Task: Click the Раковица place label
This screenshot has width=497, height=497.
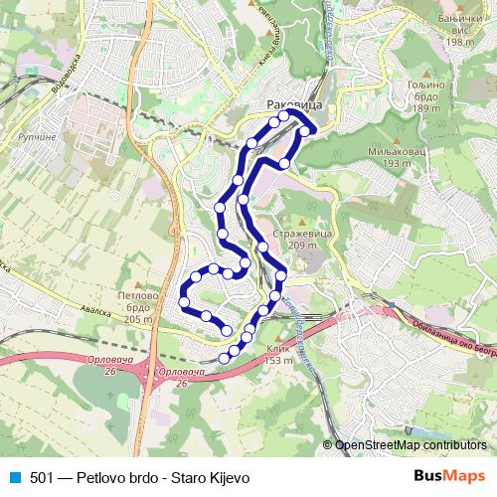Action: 290,104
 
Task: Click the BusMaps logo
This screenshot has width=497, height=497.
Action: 451,476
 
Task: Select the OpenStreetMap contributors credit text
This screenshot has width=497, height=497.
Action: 411,444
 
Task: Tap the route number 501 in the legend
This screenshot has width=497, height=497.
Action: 42,477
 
